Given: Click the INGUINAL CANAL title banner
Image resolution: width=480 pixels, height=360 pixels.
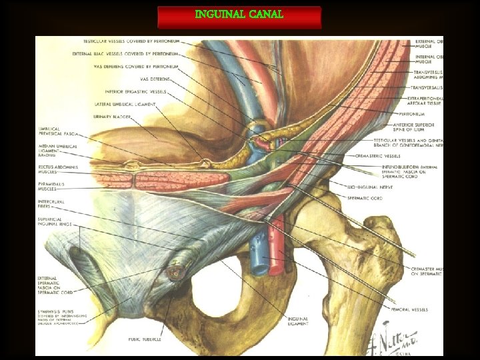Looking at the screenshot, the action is pos(239,15).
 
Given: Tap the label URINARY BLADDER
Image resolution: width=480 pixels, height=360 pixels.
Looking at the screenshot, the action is pos(113,116).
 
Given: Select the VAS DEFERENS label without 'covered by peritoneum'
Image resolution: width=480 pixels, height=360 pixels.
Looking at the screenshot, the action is pos(156,79).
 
